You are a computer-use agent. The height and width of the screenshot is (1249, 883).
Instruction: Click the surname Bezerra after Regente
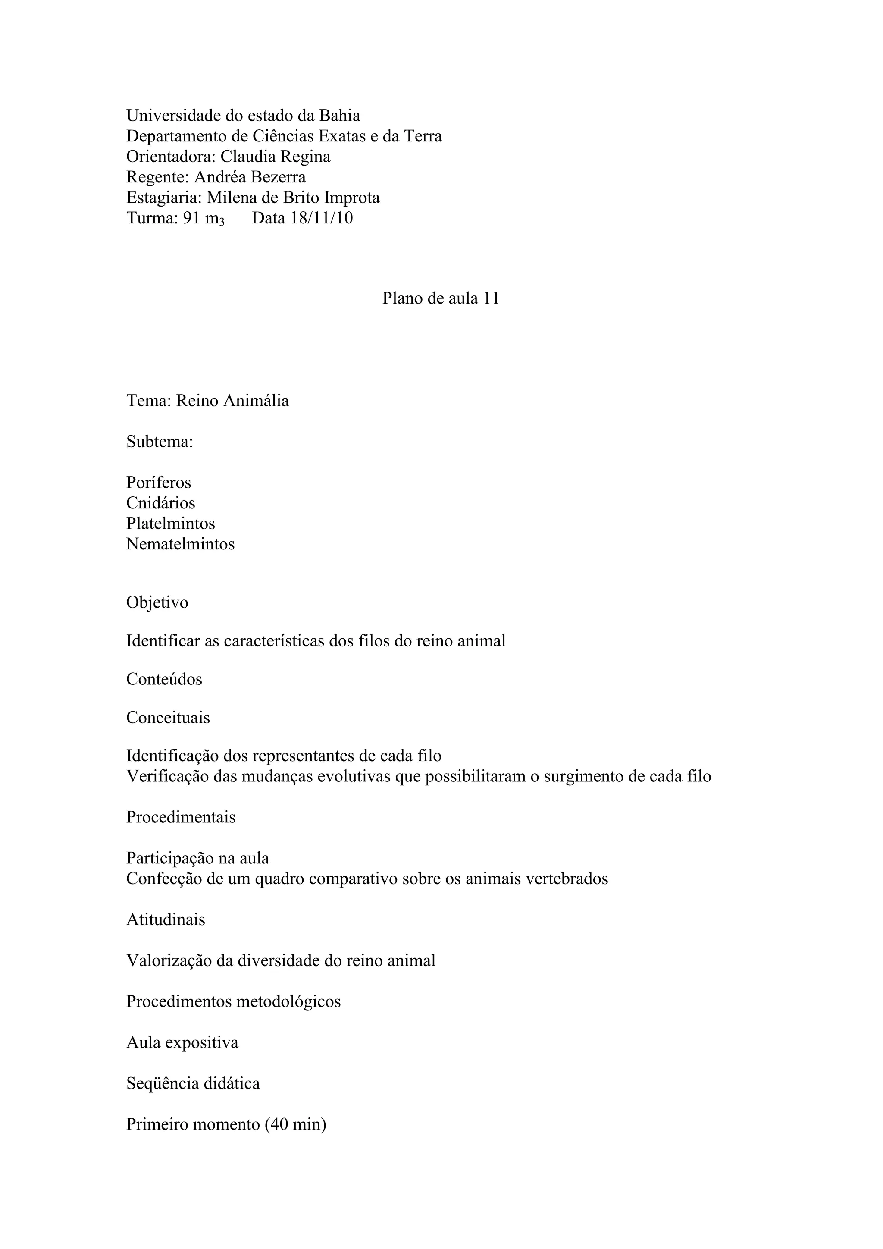(278, 177)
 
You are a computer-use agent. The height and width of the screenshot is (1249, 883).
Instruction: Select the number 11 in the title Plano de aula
(491, 298)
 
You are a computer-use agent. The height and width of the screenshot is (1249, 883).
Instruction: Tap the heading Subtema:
(160, 442)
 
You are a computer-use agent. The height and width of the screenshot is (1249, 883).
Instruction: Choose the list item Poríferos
(159, 483)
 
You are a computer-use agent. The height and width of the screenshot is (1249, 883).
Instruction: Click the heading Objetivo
(157, 603)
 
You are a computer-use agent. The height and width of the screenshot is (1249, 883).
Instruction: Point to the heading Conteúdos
(164, 679)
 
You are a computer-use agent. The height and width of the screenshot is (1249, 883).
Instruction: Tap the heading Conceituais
(168, 718)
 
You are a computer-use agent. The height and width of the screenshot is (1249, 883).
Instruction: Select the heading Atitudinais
(166, 920)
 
